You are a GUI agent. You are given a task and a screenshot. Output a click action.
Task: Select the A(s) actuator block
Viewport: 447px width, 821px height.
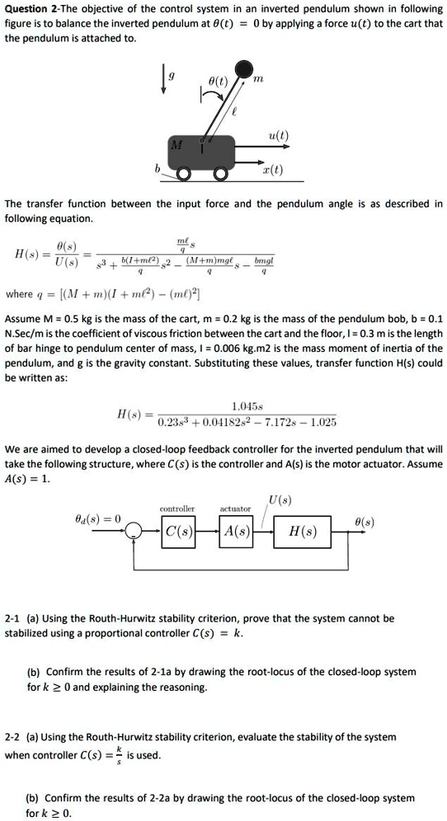pyautogui.click(x=236, y=531)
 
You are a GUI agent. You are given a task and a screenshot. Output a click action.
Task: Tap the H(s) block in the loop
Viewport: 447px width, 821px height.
pyautogui.click(x=302, y=531)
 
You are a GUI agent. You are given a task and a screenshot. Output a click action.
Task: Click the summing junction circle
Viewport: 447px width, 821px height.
pyautogui.click(x=134, y=532)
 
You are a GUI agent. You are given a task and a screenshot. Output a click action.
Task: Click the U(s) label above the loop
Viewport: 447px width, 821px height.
pyautogui.click(x=279, y=498)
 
